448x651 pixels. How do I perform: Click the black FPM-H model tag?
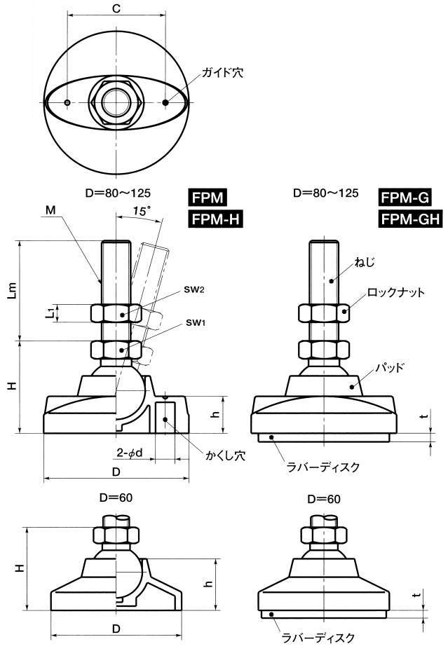tap(216, 219)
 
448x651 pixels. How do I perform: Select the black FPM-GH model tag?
tap(410, 219)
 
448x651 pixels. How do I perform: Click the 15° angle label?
tap(142, 211)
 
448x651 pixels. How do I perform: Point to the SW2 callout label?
tap(194, 290)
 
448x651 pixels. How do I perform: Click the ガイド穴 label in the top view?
tap(222, 73)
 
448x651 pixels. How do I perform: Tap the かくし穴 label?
tap(226, 455)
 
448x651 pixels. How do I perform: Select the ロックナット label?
tap(396, 292)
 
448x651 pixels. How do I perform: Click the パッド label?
tap(389, 367)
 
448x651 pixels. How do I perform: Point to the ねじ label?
tap(365, 262)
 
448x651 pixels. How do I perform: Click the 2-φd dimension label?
tap(129, 452)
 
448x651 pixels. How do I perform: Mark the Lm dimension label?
tap(13, 291)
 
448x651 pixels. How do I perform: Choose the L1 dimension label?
tap(49, 313)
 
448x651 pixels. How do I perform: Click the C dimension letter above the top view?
tap(116, 8)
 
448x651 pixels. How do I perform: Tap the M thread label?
tap(50, 210)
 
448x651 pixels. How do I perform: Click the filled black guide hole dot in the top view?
tap(165, 102)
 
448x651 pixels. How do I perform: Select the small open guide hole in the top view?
tap(67, 102)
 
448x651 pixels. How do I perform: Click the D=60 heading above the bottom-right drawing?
tap(324, 499)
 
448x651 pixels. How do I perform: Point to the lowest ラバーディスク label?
tap(318, 637)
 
